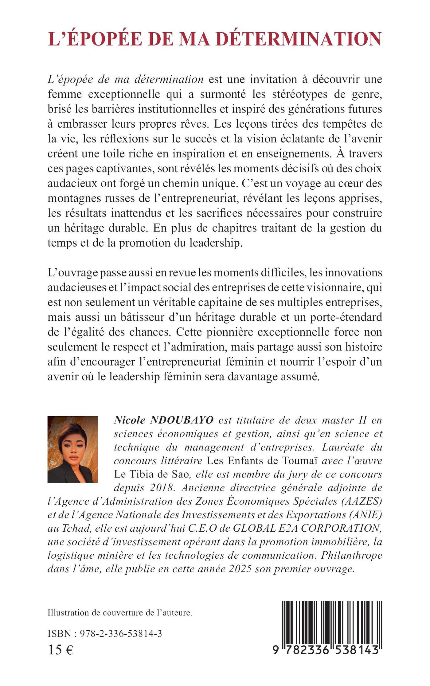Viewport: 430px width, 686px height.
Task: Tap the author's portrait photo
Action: pos(73,449)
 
